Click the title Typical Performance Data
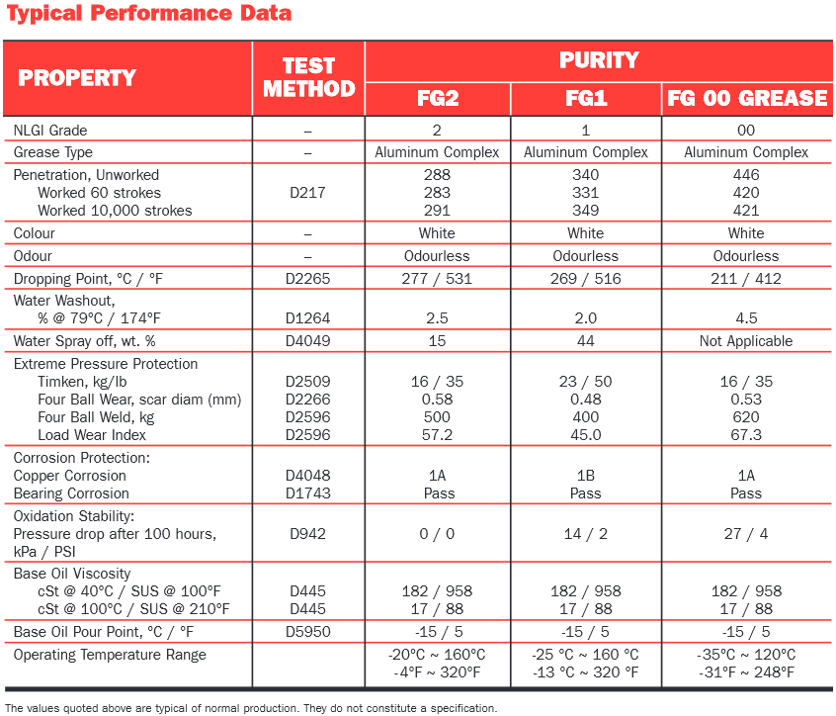pyautogui.click(x=149, y=13)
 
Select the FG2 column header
pyautogui.click(x=438, y=98)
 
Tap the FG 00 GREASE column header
pyautogui.click(x=747, y=98)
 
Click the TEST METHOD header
pyautogui.click(x=308, y=77)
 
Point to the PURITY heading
pyautogui.click(x=599, y=60)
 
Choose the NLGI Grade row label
pyautogui.click(x=50, y=131)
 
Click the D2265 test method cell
pyautogui.click(x=307, y=279)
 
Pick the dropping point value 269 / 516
pyautogui.click(x=585, y=279)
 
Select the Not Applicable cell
pyautogui.click(x=746, y=341)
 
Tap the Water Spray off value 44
pyautogui.click(x=585, y=341)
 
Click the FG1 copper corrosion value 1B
pyautogui.click(x=585, y=476)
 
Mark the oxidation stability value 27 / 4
pyautogui.click(x=746, y=533)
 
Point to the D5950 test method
pyautogui.click(x=307, y=632)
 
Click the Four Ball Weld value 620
pyautogui.click(x=746, y=416)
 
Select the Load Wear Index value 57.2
pyautogui.click(x=437, y=435)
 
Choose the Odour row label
pyautogui.click(x=33, y=256)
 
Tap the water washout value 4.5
pyautogui.click(x=746, y=318)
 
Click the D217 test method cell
pyautogui.click(x=307, y=193)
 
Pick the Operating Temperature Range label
pyautogui.click(x=110, y=655)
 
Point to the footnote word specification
pyautogui.click(x=462, y=708)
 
